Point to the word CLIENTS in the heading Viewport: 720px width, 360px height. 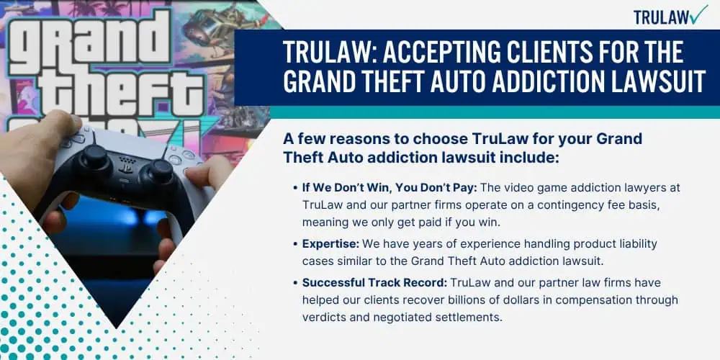[531, 53]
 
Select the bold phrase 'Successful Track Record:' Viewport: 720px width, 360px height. [374, 282]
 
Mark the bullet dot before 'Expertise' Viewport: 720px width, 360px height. [295, 244]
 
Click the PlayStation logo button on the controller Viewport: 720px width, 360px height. [125, 168]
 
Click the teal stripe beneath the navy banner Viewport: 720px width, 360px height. [495, 112]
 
